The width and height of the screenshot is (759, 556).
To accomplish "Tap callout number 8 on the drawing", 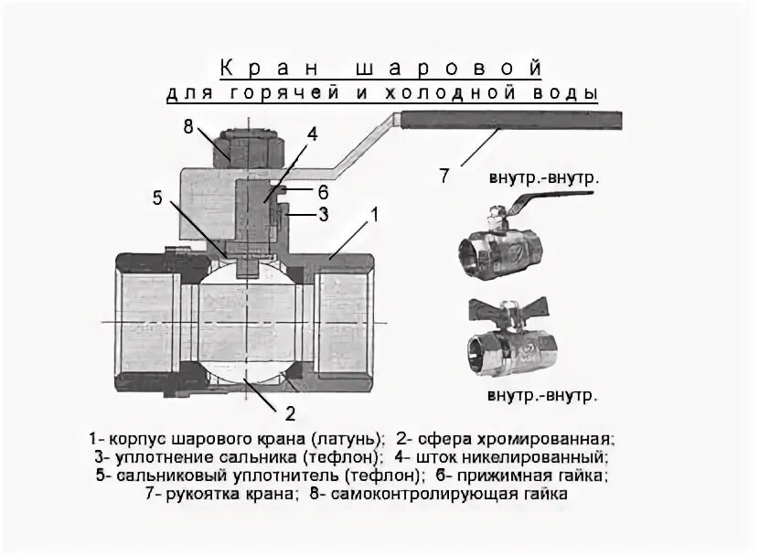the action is (x=188, y=127).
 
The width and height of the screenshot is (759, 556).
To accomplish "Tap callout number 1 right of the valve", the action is (x=372, y=215).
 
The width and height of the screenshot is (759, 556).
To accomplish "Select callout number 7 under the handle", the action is (x=444, y=176).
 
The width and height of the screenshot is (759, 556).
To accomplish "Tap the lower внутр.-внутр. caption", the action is (x=542, y=396).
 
